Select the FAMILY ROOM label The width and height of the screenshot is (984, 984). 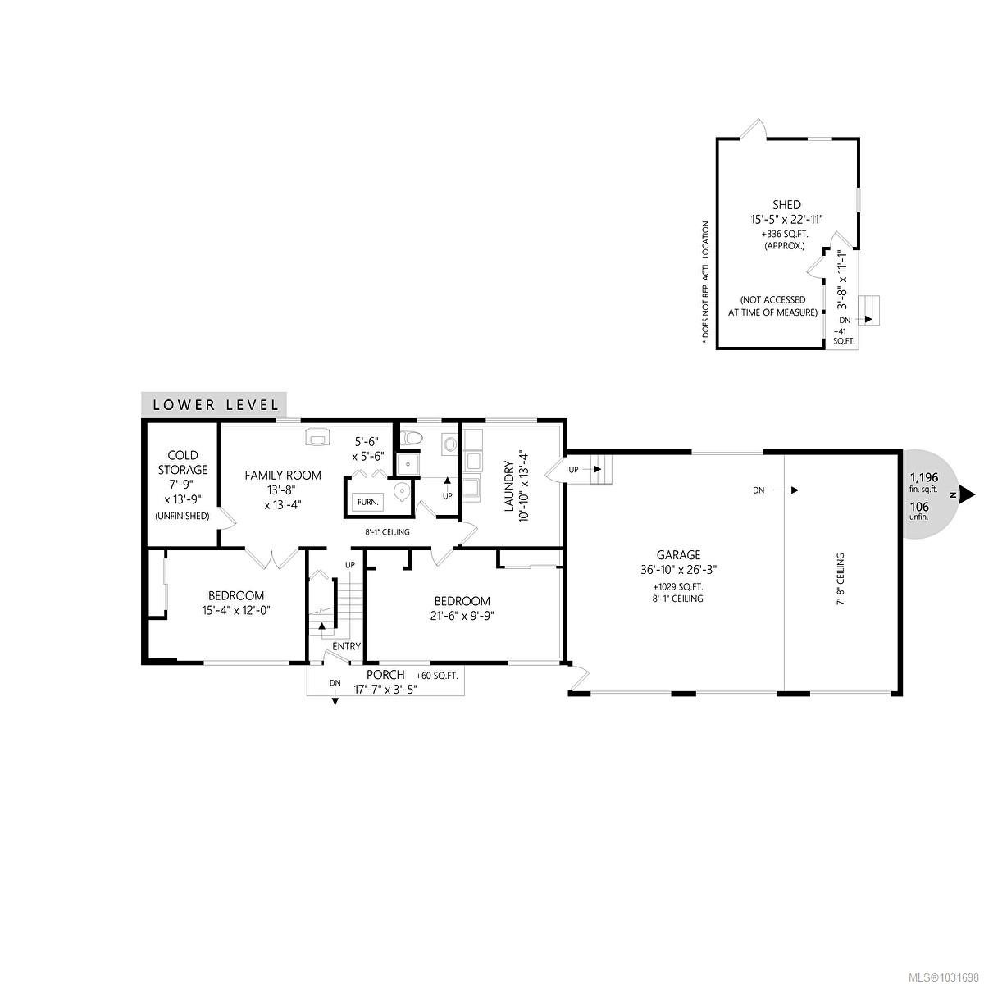(x=282, y=475)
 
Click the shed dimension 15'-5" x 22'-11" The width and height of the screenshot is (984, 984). (x=786, y=220)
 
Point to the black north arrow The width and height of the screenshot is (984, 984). (x=967, y=494)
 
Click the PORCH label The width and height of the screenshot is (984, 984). (x=385, y=675)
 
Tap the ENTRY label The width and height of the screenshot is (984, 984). (x=347, y=646)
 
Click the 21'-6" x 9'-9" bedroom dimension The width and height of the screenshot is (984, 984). (x=462, y=617)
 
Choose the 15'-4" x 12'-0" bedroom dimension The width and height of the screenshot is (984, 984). (x=236, y=610)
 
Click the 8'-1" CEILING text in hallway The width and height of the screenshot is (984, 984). (x=387, y=532)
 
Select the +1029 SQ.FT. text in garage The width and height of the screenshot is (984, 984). (x=677, y=587)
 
